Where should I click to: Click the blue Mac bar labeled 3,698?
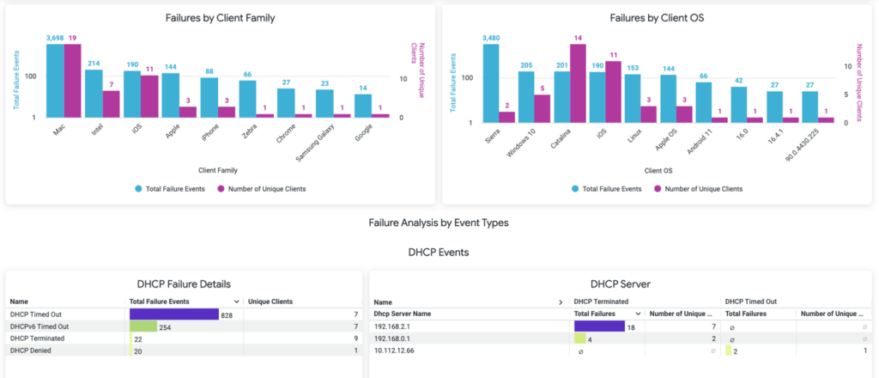coord(55,81)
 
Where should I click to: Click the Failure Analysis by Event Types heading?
coord(439,223)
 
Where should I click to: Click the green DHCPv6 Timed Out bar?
coord(143,327)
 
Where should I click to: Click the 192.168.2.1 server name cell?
coord(394,326)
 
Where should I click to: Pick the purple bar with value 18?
coord(599,326)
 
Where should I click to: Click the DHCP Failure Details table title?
coord(184,284)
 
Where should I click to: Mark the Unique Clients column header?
coord(270,302)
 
